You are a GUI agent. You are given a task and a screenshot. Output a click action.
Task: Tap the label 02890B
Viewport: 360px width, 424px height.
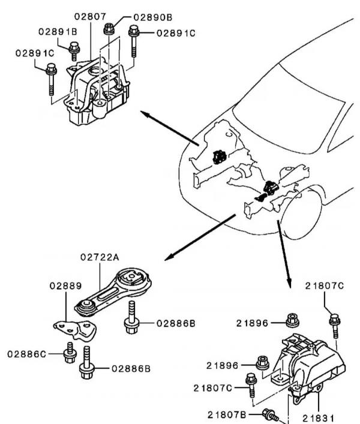[153, 18]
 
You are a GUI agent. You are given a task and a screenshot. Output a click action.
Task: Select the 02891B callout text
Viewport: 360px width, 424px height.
[58, 31]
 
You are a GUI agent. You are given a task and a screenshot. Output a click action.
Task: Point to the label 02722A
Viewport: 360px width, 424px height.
[100, 257]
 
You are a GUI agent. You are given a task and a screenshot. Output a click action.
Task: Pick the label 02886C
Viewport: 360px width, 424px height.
[27, 354]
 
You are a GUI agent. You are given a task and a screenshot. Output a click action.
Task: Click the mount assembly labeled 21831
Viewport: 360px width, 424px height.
[309, 366]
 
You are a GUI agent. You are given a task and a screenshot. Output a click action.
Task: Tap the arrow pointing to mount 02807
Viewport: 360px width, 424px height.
[168, 127]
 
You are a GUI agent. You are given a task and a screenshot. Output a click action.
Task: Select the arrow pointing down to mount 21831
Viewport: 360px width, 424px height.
[283, 252]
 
